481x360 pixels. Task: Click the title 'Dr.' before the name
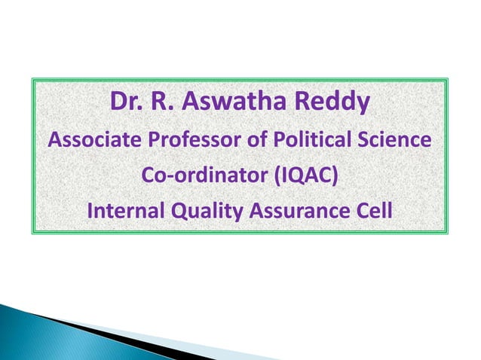125,101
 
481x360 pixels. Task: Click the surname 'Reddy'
332,102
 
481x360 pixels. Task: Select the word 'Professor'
187,141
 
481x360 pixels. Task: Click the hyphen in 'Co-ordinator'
167,178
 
